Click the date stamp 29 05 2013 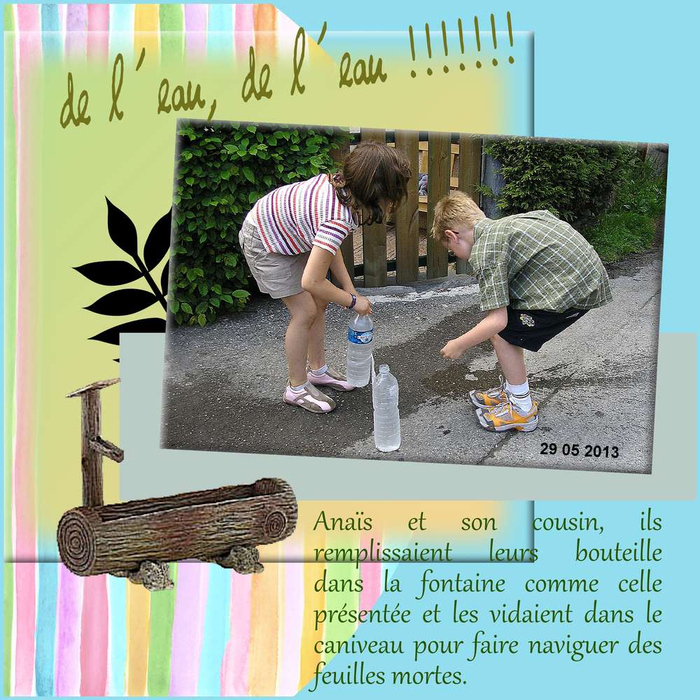click(x=580, y=450)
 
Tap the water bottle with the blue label click(x=360, y=349)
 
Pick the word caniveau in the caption click(x=350, y=645)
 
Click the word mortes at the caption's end click(x=430, y=675)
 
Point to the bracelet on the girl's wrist click(x=351, y=302)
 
